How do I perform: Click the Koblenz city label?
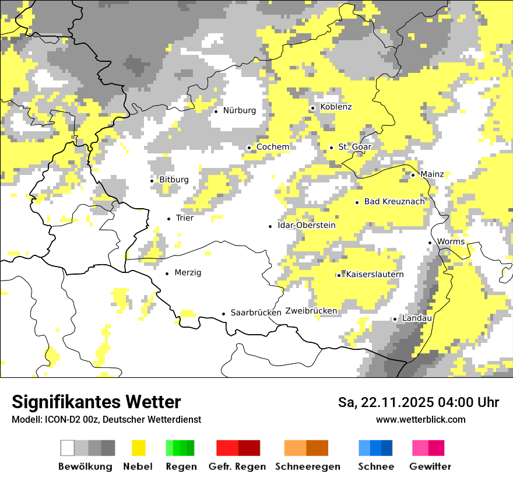click(x=336, y=107)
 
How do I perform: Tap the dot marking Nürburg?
click(x=216, y=111)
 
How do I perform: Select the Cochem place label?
click(x=272, y=147)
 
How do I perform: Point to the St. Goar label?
click(x=354, y=147)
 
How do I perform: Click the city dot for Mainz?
click(x=413, y=175)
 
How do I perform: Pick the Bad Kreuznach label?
click(x=394, y=202)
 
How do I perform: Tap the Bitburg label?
click(x=174, y=180)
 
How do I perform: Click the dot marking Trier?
click(x=168, y=219)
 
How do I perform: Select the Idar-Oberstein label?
click(x=307, y=226)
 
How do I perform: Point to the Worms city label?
click(x=451, y=242)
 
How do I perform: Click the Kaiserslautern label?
click(x=374, y=275)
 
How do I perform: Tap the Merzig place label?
click(x=188, y=273)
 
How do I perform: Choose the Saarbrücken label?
click(x=256, y=313)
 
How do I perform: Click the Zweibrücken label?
click(x=311, y=311)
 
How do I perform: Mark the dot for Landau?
click(x=395, y=319)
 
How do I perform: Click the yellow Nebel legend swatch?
click(x=139, y=448)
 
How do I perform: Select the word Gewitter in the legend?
click(x=430, y=467)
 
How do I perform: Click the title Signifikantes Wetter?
click(x=96, y=402)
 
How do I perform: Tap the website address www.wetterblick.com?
click(x=420, y=420)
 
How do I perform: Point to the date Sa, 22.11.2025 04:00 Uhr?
click(x=418, y=402)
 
